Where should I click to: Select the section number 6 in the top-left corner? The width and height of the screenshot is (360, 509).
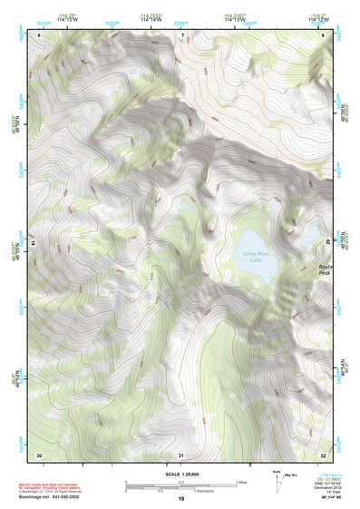40,35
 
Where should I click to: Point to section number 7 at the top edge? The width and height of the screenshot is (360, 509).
181,35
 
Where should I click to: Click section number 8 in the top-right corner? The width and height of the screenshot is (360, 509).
324,35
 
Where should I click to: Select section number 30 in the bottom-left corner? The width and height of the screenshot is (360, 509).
39,454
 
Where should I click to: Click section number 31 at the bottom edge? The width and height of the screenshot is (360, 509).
180,455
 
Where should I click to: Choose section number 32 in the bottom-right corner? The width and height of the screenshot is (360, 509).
323,454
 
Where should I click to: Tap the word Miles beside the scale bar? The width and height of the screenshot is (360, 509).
240,482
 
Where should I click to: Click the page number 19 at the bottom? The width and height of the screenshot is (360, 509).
180,500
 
